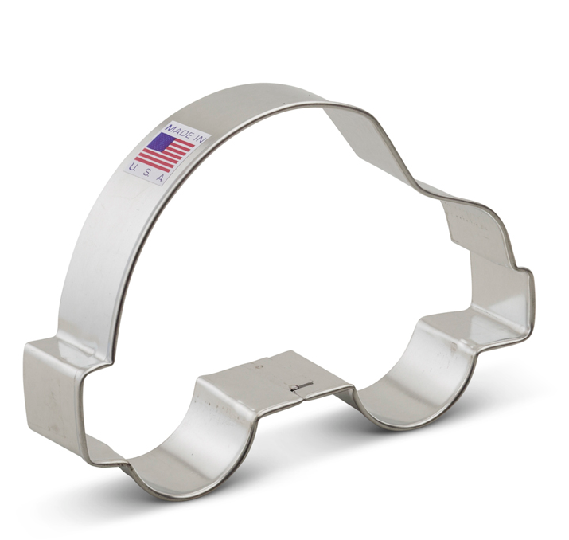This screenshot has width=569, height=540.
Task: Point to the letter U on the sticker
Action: tap(133, 168)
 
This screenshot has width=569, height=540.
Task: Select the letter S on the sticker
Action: tap(146, 174)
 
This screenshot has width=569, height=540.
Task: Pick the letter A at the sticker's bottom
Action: tap(160, 178)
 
